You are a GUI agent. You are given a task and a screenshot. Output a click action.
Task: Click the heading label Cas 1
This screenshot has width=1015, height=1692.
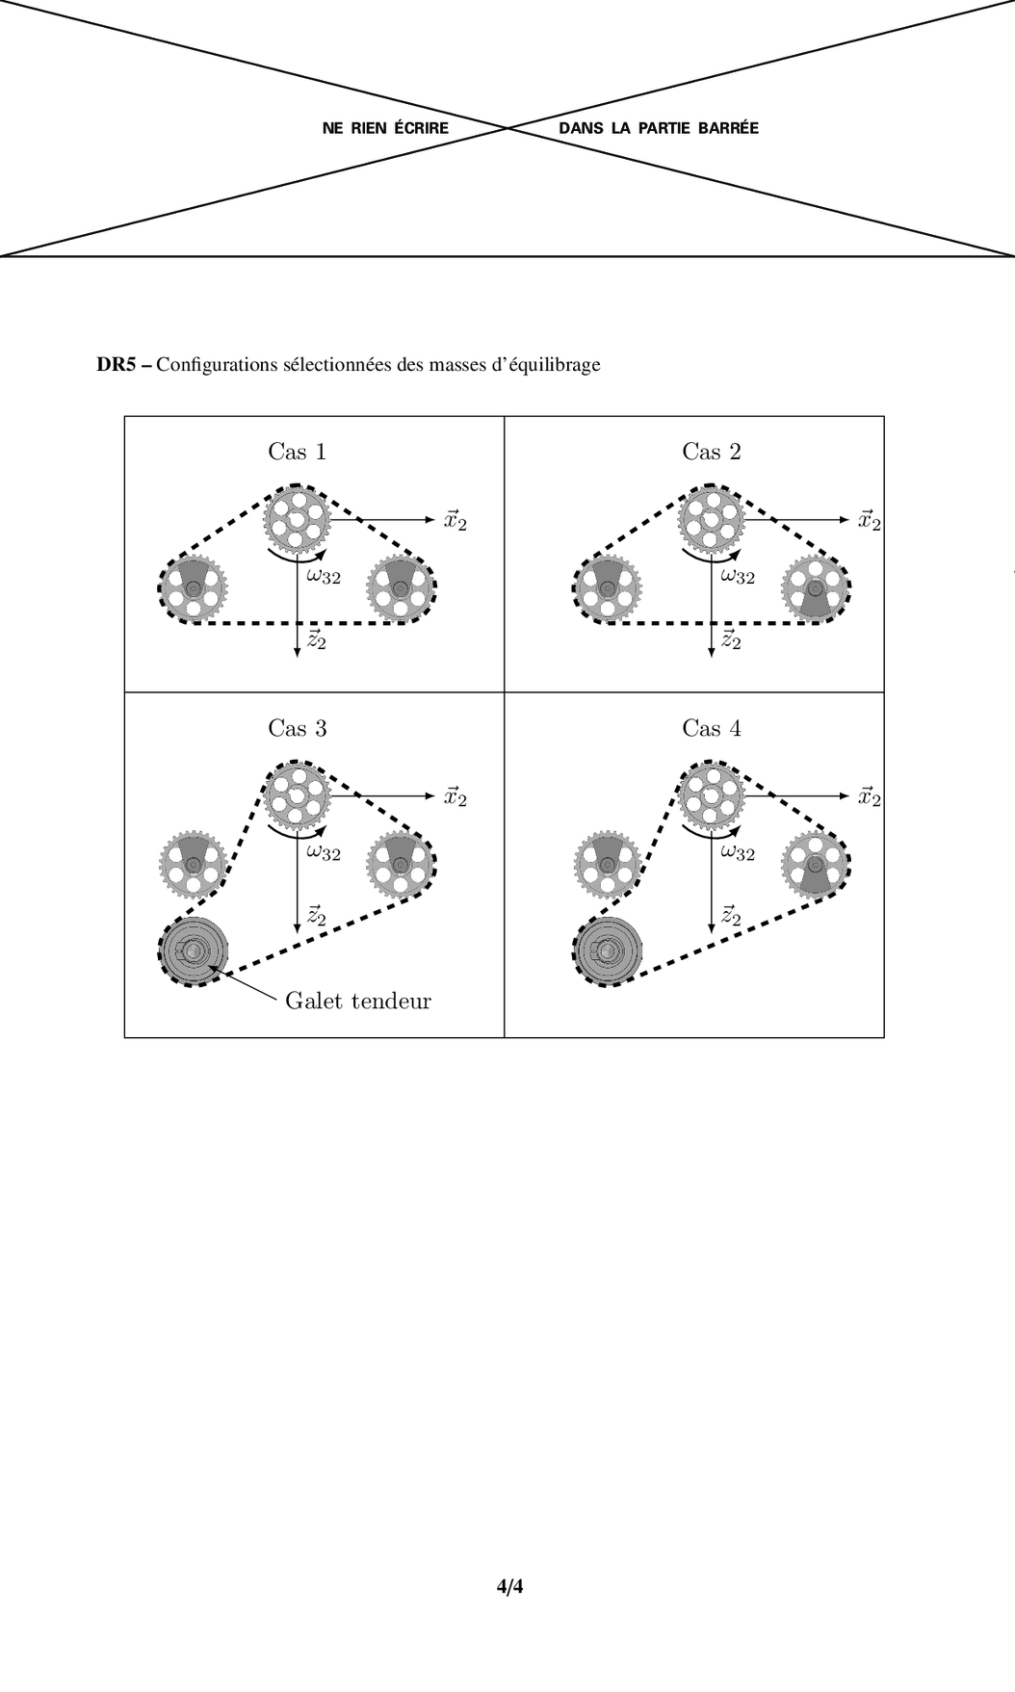[x=297, y=452]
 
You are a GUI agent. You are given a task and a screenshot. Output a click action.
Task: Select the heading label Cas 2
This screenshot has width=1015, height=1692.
[x=712, y=452]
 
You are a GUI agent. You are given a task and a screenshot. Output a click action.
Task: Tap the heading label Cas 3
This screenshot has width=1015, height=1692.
[x=297, y=728]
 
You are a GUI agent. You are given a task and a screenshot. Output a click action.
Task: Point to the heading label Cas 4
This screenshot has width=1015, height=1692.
[x=712, y=728]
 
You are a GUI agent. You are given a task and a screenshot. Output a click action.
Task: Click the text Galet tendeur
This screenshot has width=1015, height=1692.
[x=358, y=1001]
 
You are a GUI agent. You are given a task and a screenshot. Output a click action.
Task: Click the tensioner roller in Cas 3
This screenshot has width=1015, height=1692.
[x=193, y=950]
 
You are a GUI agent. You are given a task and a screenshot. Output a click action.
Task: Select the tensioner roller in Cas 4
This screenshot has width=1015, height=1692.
[x=608, y=950]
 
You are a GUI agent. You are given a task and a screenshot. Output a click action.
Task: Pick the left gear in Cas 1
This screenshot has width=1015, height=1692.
[x=193, y=588]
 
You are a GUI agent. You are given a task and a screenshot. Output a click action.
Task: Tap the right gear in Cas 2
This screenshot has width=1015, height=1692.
[x=817, y=588]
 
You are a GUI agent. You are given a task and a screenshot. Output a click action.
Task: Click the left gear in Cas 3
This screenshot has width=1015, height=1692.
[x=193, y=864]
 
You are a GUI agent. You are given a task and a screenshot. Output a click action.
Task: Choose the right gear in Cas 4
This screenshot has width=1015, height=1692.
[x=817, y=864]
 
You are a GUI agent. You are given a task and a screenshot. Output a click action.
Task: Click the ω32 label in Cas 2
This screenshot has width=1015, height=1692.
[x=738, y=576]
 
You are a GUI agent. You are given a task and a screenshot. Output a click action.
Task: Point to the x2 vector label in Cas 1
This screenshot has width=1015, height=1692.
[x=455, y=520]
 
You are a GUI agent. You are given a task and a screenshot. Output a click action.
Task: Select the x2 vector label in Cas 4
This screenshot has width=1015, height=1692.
[x=870, y=796]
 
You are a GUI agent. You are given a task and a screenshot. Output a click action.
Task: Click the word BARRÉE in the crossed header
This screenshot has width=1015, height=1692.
[x=728, y=128]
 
